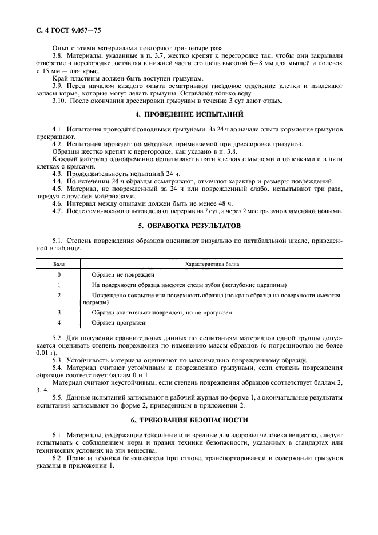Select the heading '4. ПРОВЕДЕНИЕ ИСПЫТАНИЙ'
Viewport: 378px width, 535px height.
[189, 114]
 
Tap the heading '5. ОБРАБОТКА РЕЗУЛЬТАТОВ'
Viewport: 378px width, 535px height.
[189, 226]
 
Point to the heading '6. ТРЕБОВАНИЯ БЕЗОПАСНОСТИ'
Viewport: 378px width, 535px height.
[189, 420]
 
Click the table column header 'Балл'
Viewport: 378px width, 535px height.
[59, 265]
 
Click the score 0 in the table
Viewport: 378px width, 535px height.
[59, 275]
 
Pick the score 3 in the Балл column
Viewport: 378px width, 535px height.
[59, 313]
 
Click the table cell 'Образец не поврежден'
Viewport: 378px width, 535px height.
[120, 275]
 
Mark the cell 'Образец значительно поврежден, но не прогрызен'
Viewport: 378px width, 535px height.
[161, 313]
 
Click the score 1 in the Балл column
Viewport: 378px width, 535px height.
[59, 285]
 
